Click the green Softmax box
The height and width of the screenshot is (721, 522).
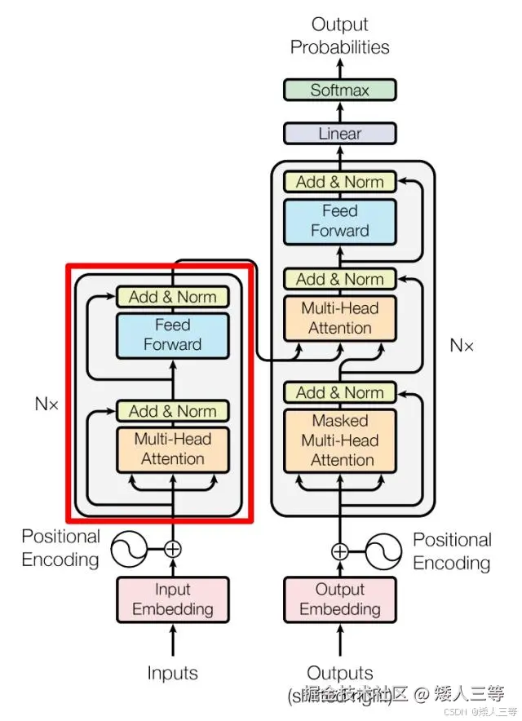tap(339, 90)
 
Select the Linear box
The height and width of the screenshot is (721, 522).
tap(339, 133)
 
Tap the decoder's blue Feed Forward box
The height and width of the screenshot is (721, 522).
tap(339, 221)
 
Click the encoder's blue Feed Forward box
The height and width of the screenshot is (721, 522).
tap(172, 335)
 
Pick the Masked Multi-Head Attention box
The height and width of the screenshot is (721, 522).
tap(339, 440)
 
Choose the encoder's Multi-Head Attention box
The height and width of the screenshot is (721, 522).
tap(172, 449)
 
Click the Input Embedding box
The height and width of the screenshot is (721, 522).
tap(172, 599)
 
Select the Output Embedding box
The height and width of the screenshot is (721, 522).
tap(339, 599)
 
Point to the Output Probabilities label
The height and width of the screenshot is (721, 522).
tap(339, 36)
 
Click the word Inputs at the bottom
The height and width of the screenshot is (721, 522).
tap(172, 673)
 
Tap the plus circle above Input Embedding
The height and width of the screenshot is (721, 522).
tap(172, 549)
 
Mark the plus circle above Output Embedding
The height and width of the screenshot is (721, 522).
tap(339, 552)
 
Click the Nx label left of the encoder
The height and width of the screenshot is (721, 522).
tap(46, 403)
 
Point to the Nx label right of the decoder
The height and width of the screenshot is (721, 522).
tap(462, 345)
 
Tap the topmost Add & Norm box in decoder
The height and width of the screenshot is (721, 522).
tap(339, 181)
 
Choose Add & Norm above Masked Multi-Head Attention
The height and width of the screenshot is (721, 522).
tap(339, 393)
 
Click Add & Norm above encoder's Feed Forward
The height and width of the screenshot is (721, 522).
tap(172, 297)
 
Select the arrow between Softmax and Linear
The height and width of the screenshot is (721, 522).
tap(339, 112)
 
